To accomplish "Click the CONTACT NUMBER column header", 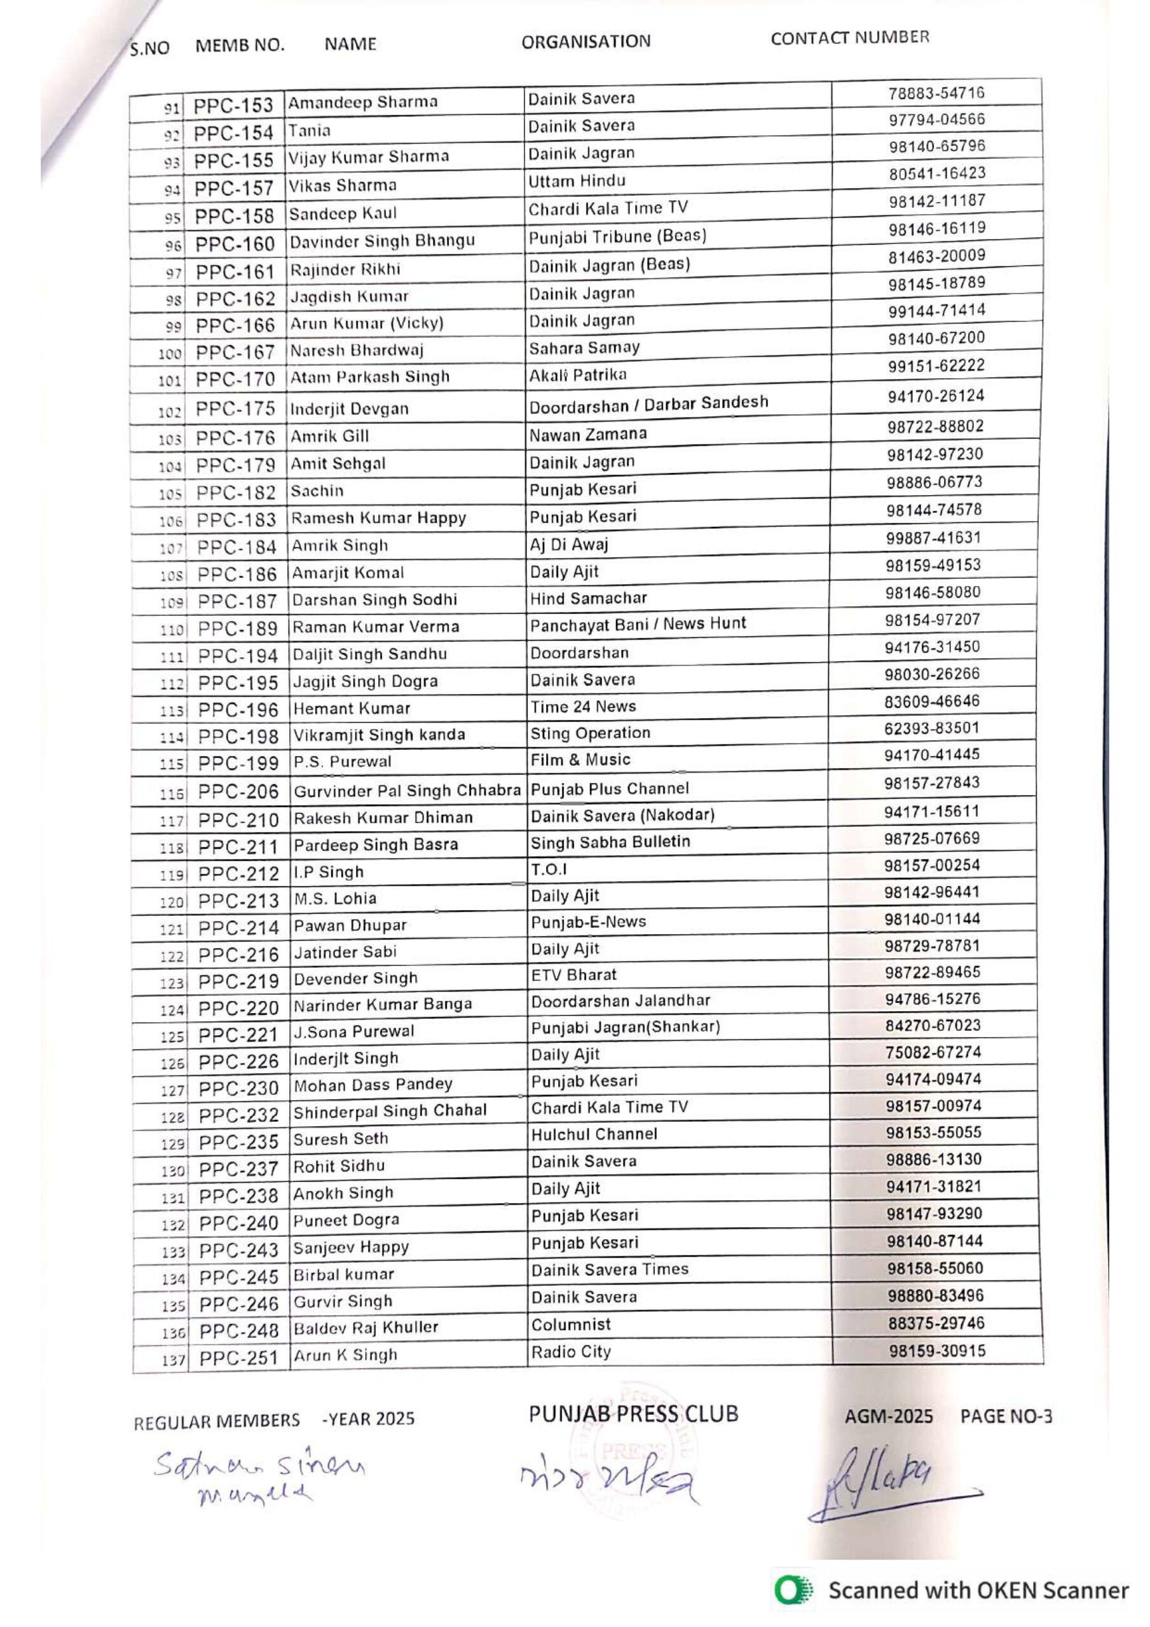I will (849, 38).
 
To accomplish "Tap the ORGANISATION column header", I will (585, 42).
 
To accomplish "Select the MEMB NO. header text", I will (240, 46).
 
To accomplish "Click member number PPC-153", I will (233, 106).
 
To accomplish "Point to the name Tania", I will (309, 131).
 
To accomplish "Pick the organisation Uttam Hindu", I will (577, 181).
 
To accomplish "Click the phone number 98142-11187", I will (936, 201).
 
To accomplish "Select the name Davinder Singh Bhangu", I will (381, 241).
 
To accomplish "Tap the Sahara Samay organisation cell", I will (584, 348).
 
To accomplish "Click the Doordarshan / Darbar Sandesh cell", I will (648, 405).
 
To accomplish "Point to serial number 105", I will (170, 494).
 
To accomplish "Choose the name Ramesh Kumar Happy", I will (379, 519).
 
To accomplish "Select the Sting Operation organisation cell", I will (590, 733).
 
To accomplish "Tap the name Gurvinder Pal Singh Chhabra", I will (407, 791).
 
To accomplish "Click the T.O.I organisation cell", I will (549, 869).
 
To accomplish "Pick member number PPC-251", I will (238, 1358).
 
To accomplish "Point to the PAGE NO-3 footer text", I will (1005, 1417).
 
